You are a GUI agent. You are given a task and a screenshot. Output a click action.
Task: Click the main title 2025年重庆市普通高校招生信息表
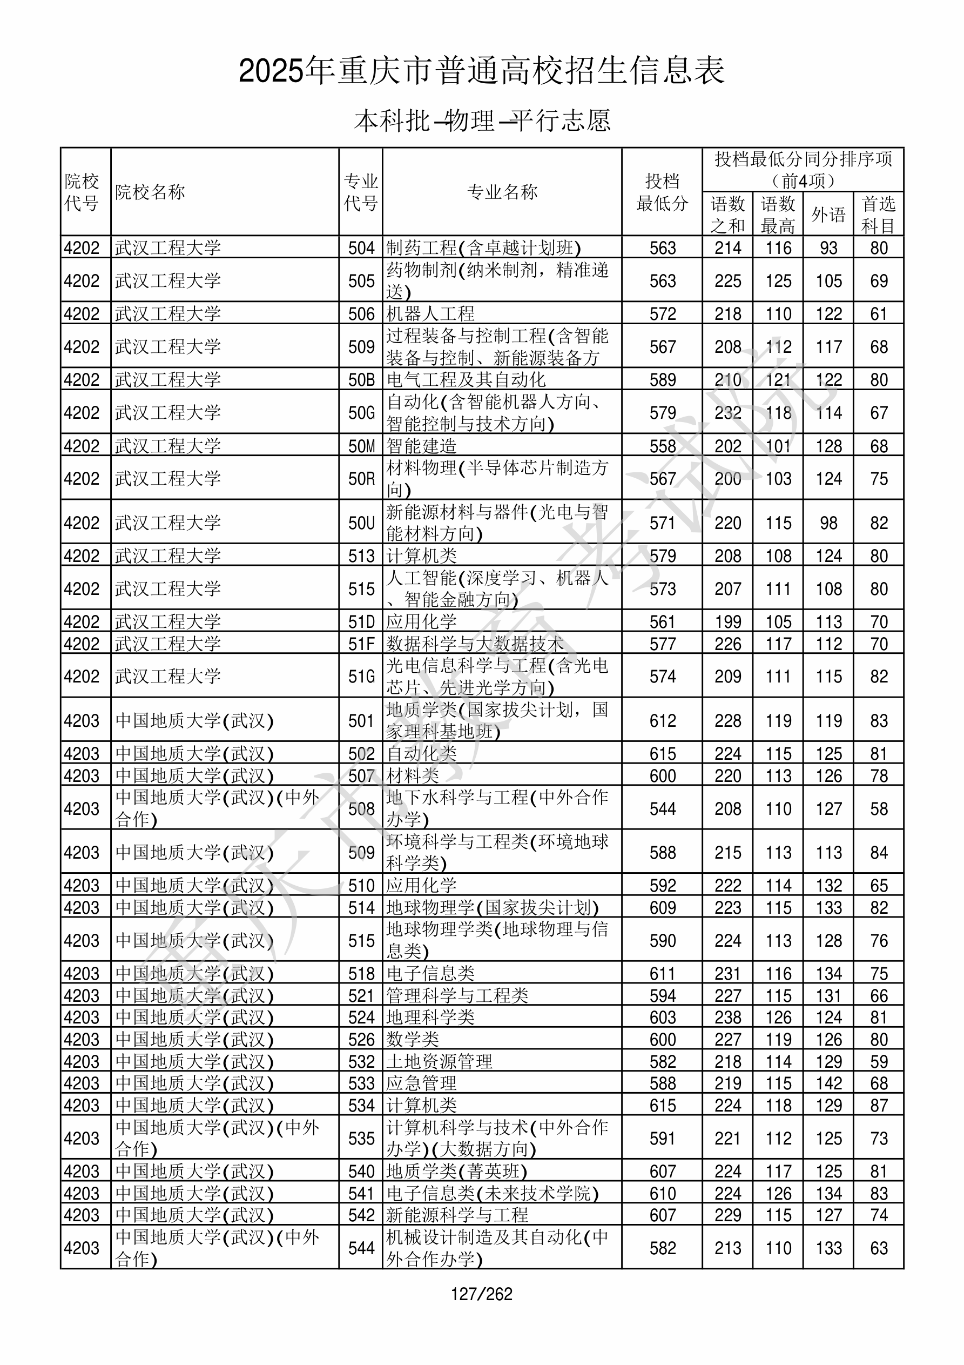(x=481, y=71)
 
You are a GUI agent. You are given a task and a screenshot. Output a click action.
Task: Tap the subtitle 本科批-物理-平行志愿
(x=481, y=121)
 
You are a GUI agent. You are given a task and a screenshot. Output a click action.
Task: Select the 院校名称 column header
(x=150, y=192)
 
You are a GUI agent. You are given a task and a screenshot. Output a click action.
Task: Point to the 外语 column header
(x=828, y=215)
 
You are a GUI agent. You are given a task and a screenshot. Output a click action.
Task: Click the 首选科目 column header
(x=879, y=215)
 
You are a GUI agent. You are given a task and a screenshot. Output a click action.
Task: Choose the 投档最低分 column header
(x=662, y=192)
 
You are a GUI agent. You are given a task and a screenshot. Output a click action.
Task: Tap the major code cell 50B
(x=361, y=379)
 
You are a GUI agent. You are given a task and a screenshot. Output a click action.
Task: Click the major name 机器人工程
(x=430, y=313)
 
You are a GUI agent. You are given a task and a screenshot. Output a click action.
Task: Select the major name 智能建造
(x=421, y=445)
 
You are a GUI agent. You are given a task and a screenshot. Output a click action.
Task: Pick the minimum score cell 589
(x=662, y=379)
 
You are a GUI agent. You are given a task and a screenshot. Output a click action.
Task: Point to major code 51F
(x=361, y=643)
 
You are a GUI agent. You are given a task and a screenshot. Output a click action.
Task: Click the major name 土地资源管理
(x=439, y=1061)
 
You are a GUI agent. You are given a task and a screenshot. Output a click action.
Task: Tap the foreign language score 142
(x=828, y=1083)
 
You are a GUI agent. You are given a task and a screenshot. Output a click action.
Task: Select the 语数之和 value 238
(x=727, y=1017)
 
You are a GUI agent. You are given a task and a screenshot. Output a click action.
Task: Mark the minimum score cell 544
(x=662, y=808)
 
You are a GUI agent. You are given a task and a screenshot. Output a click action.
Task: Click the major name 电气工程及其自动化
(x=466, y=379)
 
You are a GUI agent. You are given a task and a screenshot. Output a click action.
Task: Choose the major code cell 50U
(x=361, y=523)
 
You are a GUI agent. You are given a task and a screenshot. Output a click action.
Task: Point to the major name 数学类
(x=413, y=1039)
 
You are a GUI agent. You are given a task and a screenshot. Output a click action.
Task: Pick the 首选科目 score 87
(x=879, y=1105)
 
